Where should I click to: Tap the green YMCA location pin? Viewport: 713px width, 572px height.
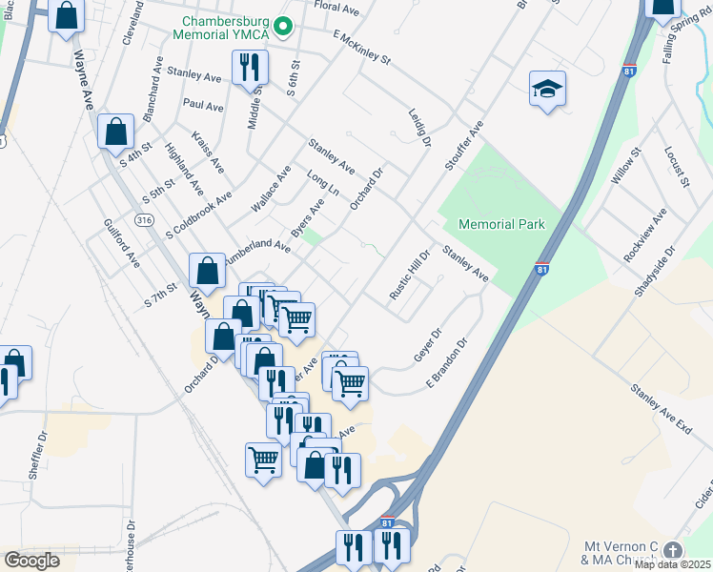(283, 27)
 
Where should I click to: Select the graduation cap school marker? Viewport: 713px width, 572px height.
(548, 90)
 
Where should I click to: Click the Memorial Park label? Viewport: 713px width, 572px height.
(501, 224)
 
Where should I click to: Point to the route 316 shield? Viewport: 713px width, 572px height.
(144, 220)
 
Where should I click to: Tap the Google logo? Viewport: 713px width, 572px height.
(32, 560)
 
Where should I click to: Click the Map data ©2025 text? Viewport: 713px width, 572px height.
(673, 564)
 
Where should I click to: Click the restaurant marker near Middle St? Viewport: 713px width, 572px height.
(250, 67)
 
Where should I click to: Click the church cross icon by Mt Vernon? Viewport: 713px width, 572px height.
(673, 551)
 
